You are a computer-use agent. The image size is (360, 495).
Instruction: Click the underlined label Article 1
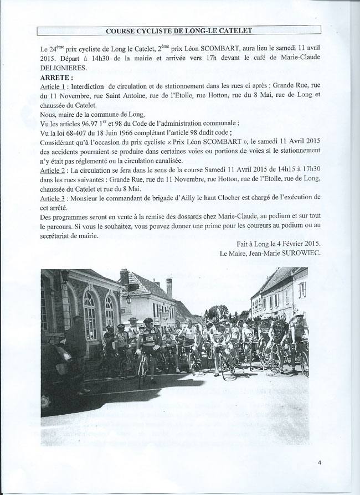click(54, 87)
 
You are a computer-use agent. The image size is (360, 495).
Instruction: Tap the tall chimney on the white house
click(124, 276)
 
